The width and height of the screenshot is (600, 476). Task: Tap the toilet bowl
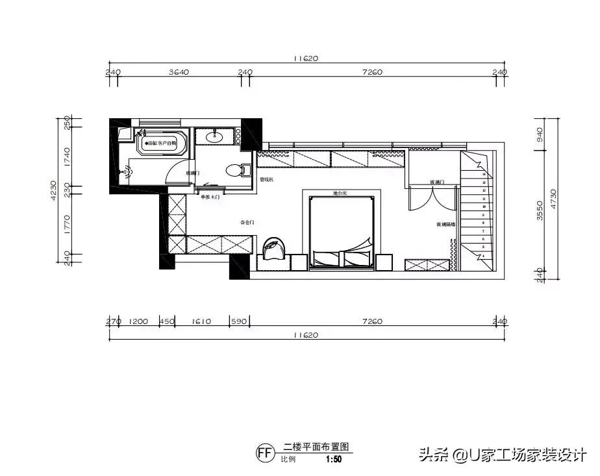(234, 171)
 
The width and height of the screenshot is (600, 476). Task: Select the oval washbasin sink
(214, 136)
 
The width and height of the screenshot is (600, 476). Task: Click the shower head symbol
(128, 172)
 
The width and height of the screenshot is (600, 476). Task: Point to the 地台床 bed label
(341, 193)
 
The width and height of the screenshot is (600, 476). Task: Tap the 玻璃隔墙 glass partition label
(445, 225)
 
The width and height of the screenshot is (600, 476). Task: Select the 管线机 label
(267, 180)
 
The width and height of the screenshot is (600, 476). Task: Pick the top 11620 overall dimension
(305, 58)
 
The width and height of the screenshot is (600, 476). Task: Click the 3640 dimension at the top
(179, 73)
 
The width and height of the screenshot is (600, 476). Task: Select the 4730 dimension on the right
(554, 197)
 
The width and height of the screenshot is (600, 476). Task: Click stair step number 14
(483, 174)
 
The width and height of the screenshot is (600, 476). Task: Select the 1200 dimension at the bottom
(139, 321)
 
